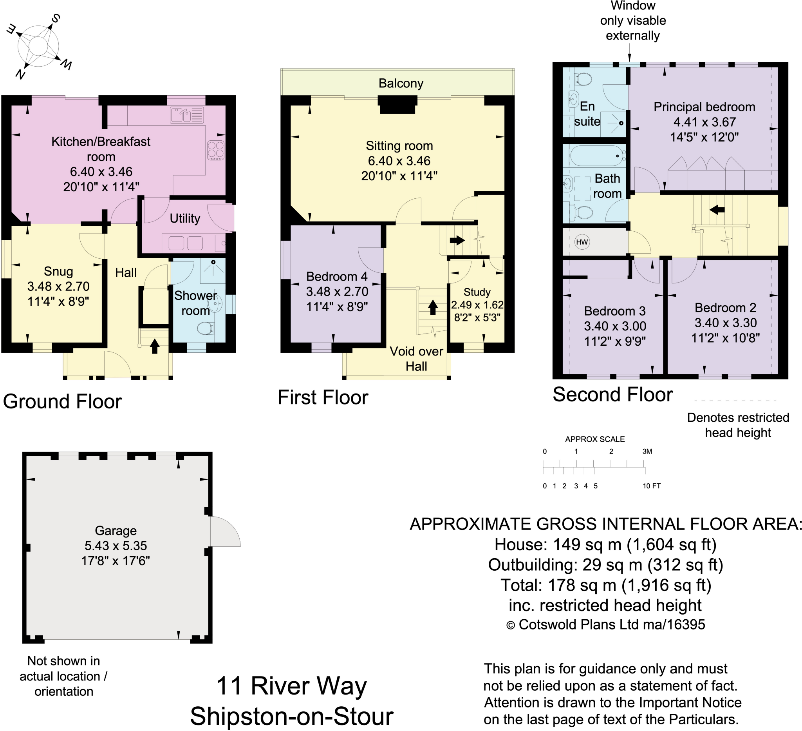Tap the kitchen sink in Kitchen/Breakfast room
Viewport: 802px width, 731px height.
186,115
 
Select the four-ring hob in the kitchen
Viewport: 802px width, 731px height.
216,150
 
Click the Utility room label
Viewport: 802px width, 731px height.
184,218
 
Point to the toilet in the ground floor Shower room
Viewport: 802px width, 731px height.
205,329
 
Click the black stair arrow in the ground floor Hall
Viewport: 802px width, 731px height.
155,346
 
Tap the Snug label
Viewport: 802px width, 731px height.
58,271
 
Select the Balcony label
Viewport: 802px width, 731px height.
401,83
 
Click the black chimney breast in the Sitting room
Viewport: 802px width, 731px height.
397,105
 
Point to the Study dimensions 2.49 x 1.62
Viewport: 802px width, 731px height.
477,305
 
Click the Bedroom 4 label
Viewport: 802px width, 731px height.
336,276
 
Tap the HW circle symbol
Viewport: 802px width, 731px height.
582,242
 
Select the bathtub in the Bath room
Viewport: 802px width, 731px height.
597,155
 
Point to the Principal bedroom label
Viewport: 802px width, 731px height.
704,107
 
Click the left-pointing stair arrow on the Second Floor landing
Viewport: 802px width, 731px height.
717,209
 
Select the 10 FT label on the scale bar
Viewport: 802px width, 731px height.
651,486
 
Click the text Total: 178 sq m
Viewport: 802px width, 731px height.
605,585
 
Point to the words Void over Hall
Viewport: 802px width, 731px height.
416,358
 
